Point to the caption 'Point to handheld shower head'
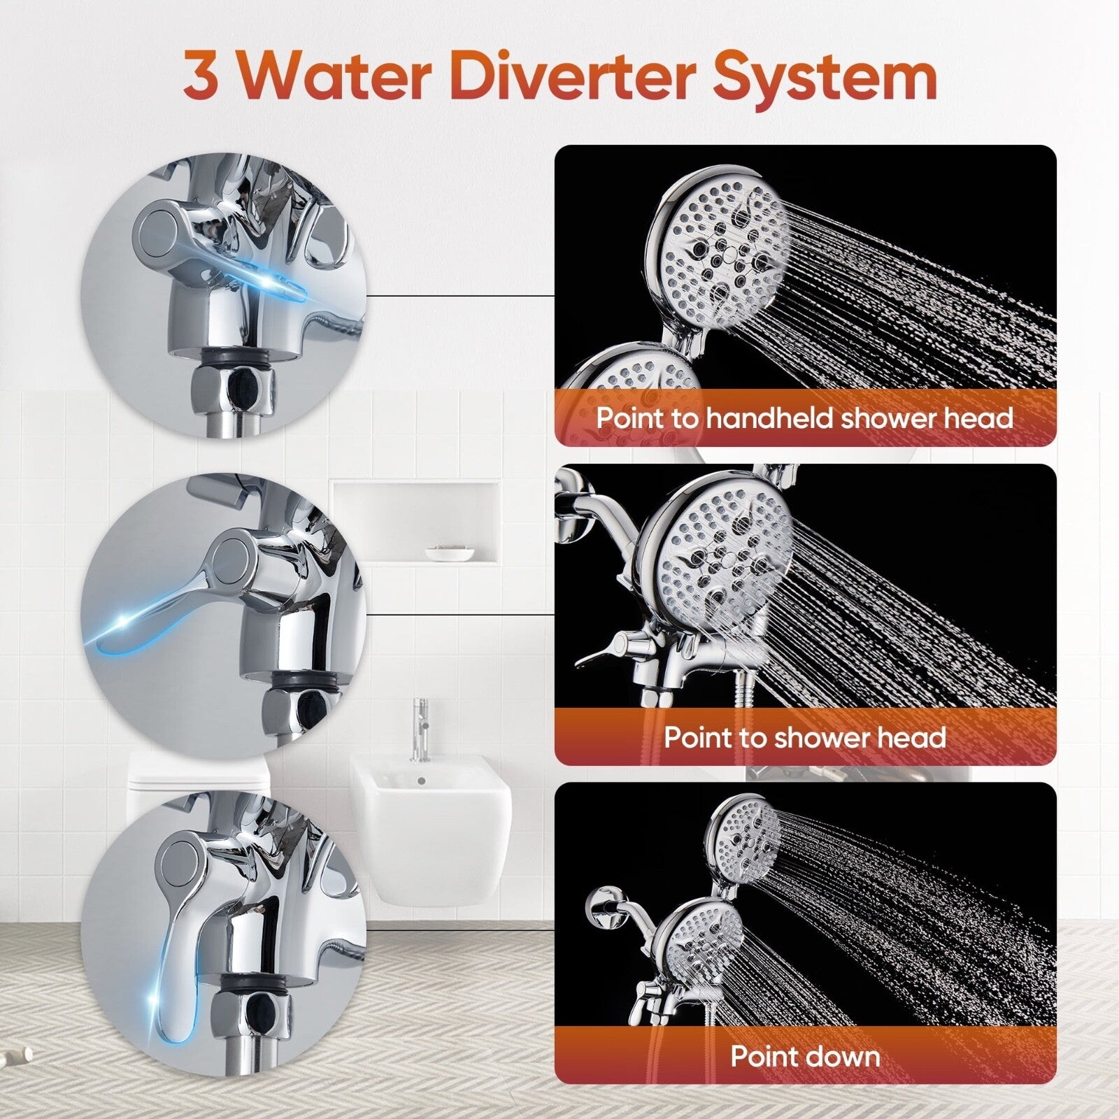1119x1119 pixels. tap(805, 418)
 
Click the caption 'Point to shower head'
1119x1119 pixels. tap(805, 737)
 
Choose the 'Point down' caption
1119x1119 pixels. tap(805, 1055)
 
